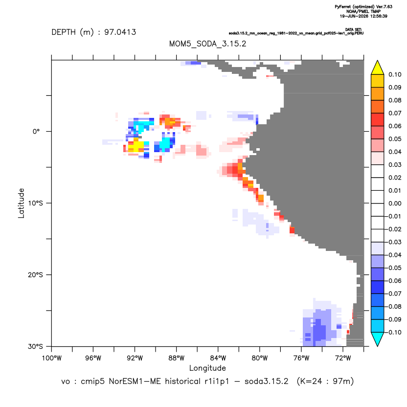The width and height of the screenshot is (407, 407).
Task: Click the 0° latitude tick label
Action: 36,131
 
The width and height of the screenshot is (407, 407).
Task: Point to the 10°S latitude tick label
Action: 35,203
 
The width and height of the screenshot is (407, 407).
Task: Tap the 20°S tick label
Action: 35,274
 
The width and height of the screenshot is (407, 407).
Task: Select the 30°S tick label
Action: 35,346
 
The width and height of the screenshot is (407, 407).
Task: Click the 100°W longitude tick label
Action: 52,358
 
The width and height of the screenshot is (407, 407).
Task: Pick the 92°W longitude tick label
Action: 135,358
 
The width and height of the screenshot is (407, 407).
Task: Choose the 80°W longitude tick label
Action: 260,358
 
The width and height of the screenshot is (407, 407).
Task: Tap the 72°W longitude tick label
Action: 343,358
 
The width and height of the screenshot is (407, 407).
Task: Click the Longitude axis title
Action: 207,368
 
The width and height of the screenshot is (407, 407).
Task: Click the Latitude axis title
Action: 21,203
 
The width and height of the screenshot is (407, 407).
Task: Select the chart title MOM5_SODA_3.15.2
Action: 207,44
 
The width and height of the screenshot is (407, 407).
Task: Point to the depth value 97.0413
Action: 120,32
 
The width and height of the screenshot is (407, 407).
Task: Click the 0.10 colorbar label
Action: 395,75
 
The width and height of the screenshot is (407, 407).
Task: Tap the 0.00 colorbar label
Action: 395,203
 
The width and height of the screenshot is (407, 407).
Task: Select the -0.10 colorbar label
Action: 394,332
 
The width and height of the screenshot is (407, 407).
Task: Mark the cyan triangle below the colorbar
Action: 378,339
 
